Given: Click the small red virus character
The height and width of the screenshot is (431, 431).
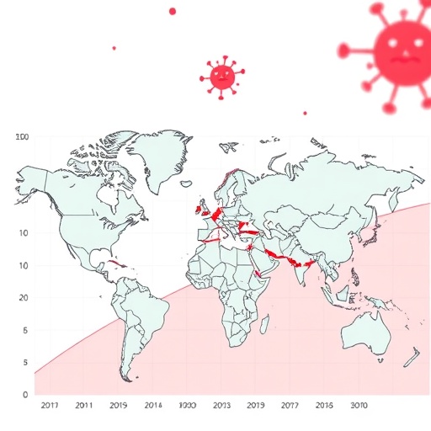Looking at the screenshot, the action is tap(221, 76).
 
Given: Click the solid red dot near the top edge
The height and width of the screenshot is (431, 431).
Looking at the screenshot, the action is tap(173, 11).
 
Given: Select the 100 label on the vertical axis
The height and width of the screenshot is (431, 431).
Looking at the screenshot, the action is tap(23, 136).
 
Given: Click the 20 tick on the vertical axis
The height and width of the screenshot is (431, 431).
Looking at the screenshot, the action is tap(24, 298).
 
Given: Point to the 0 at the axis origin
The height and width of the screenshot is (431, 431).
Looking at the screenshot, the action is tap(25, 394).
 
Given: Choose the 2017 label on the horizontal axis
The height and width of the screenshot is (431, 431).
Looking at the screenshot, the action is tap(51, 405).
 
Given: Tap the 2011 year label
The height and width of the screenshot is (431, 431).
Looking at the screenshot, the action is tap(84, 405).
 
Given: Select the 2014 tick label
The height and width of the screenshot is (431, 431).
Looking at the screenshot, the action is tap(153, 405).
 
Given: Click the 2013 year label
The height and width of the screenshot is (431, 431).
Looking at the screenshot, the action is tap(221, 405).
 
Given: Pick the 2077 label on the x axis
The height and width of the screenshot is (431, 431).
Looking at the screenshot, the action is tap(289, 405).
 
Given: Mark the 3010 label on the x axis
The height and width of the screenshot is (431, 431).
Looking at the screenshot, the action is tap(359, 405).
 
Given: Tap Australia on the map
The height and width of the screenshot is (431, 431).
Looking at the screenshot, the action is tap(366, 333).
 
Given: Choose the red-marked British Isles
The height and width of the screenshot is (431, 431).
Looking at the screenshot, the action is tap(202, 207).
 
